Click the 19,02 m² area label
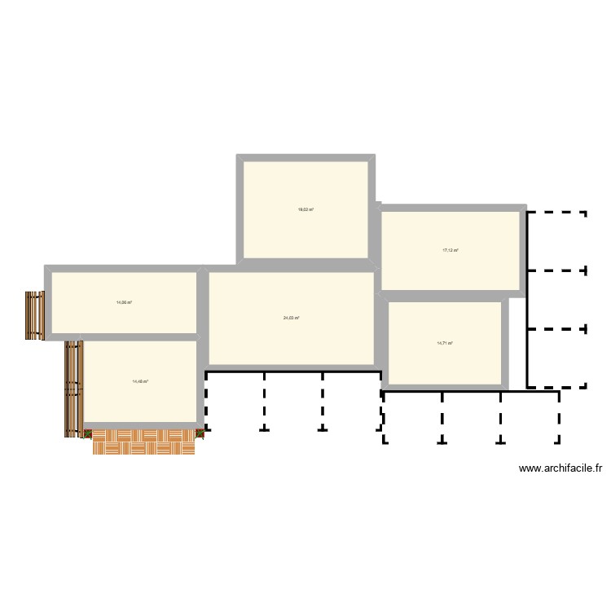click(305, 209)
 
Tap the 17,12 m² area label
click(451, 250)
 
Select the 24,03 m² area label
click(292, 318)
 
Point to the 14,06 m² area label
click(124, 302)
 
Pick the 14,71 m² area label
click(445, 343)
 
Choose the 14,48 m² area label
click(140, 381)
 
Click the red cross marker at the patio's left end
click(88, 434)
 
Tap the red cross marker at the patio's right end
click(200, 434)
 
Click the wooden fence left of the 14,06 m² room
click(33, 315)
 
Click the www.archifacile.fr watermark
click(560, 468)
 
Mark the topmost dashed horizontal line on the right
click(557, 213)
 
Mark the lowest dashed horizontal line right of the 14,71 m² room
click(557, 386)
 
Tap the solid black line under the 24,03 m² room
click(293, 372)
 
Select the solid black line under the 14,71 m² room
click(471, 392)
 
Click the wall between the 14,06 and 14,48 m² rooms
click(122, 337)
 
